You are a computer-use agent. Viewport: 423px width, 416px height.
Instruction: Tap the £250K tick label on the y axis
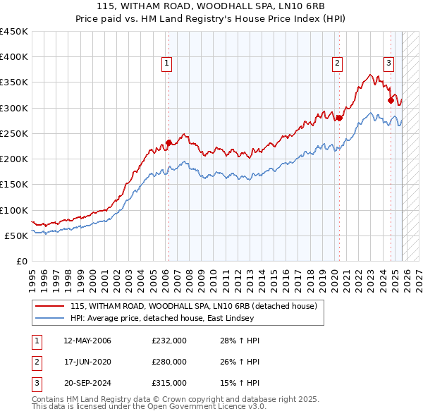[x=14, y=133]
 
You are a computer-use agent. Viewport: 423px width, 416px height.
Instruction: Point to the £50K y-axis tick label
[x=16, y=235]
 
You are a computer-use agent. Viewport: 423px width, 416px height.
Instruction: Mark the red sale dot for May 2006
[x=168, y=142]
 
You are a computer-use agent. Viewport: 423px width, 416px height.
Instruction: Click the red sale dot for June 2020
[x=339, y=118]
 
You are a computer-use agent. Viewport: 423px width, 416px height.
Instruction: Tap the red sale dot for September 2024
[x=391, y=100]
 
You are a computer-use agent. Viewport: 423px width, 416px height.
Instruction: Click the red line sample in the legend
[x=50, y=306]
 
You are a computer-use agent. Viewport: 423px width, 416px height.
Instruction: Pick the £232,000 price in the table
[x=168, y=341]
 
